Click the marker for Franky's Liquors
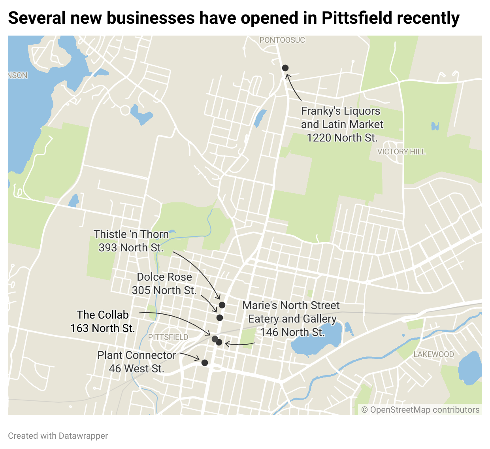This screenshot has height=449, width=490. point(285,68)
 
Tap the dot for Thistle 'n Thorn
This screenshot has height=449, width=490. point(222,305)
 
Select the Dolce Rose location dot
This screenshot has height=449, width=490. point(220,318)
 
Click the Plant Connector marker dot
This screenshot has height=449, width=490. point(205,363)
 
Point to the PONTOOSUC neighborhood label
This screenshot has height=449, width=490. point(282,40)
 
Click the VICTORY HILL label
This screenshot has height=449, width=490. point(401,152)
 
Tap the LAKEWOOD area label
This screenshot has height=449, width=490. point(433,354)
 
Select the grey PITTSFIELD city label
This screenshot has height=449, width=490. point(168,337)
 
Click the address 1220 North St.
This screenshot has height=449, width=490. point(342,138)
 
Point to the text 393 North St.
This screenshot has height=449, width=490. point(131,248)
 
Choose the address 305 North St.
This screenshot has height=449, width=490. point(164,291)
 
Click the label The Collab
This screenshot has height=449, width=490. point(103,315)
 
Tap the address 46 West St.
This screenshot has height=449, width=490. point(136,369)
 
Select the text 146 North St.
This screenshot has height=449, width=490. point(292,332)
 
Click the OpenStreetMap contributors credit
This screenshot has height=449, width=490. point(420,410)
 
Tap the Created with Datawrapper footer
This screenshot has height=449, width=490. point(58,436)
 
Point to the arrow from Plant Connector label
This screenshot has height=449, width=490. point(190,356)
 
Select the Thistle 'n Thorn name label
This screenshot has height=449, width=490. point(131,234)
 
